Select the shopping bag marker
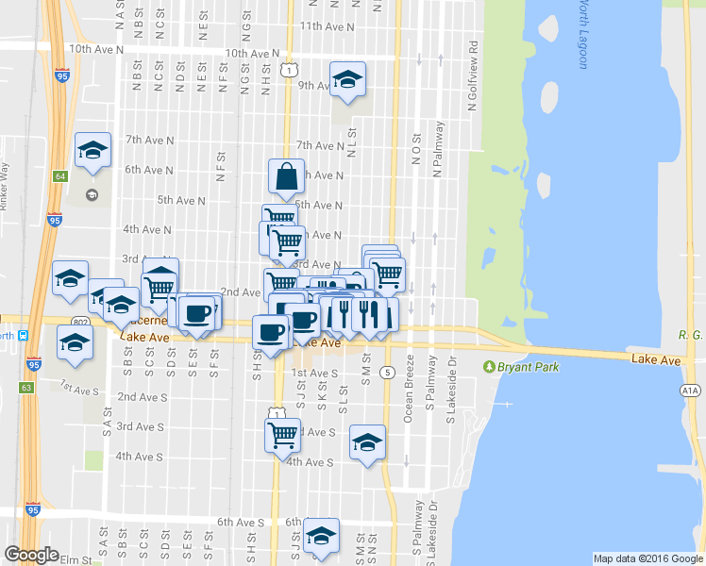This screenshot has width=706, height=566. pos(286,175)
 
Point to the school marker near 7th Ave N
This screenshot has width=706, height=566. pos(93,150)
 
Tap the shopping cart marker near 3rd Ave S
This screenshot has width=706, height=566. pos(283,435)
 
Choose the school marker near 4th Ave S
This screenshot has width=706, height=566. pos(367,441)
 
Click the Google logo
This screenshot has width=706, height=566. pos(31,555)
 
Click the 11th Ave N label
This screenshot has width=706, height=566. pos(327,27)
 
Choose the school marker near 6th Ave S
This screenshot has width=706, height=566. pos(322,536)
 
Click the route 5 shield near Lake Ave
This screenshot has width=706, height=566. pos(388,373)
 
